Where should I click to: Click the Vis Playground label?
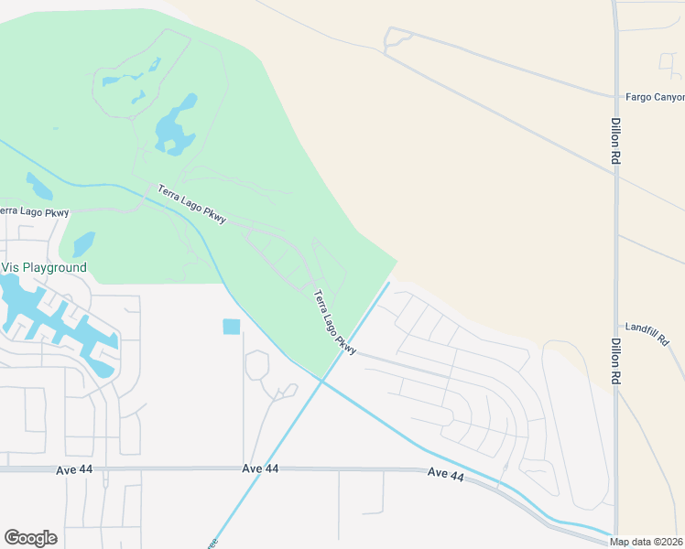[x=44, y=268]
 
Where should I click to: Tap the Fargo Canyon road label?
[x=654, y=96]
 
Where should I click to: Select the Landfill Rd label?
[x=649, y=327]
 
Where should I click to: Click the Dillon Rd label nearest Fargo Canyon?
[x=615, y=140]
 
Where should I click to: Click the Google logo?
[x=30, y=538]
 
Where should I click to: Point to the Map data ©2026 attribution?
[x=647, y=542]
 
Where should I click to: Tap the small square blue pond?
[x=231, y=327]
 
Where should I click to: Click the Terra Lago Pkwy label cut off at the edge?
[x=33, y=212]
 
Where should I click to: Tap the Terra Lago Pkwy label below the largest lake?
[x=190, y=204]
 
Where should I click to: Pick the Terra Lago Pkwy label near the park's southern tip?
[x=333, y=322]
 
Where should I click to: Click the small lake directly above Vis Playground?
[x=82, y=243]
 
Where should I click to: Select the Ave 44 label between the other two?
[x=260, y=468]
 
